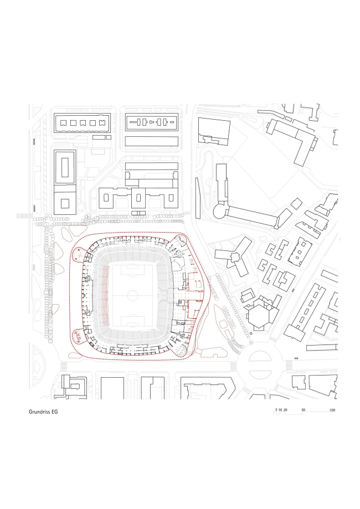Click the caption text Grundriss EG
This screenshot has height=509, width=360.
coord(43,412)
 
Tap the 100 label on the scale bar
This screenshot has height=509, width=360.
coord(332,410)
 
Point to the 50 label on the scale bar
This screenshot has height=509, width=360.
coord(303,410)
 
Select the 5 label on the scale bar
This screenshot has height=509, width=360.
coord(276,410)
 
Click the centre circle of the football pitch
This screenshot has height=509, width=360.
coord(133,295)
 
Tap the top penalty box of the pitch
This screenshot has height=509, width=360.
coord(133,270)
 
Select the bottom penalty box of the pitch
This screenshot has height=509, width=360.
coord(133,321)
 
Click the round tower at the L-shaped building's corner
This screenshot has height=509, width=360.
coord(221,211)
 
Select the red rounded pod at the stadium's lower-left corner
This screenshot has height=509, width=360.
coord(79,336)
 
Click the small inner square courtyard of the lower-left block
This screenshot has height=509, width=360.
coord(65,203)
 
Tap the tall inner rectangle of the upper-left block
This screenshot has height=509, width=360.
coord(65,167)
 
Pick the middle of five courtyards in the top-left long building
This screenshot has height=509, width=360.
coord(83,123)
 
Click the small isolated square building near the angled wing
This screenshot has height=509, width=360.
coord(296,204)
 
